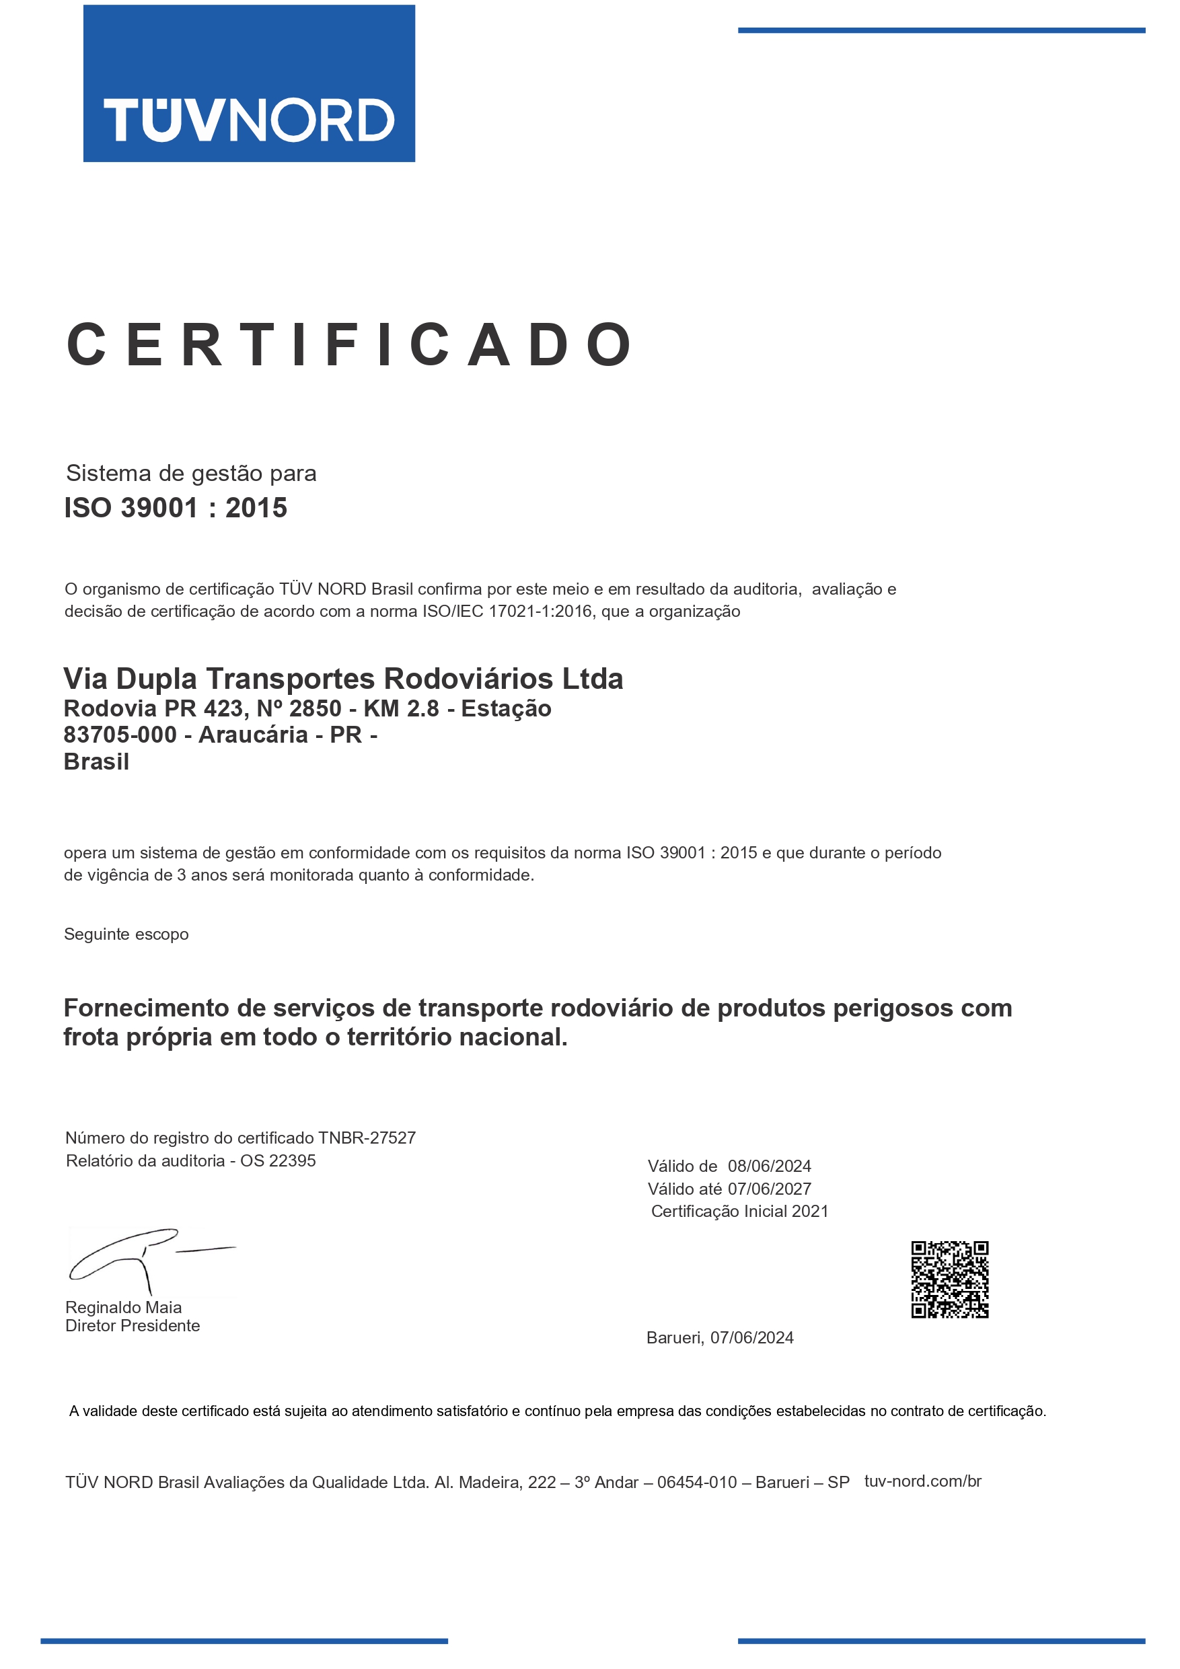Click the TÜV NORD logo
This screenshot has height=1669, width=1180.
(249, 83)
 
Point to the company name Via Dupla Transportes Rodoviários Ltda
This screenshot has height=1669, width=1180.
(343, 678)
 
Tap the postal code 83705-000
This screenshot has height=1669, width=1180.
(120, 735)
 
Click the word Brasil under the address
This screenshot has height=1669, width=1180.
(97, 762)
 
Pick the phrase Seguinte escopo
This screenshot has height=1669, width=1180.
(126, 934)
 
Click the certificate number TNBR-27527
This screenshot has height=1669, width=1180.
(367, 1138)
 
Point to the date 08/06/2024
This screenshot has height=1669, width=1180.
(769, 1166)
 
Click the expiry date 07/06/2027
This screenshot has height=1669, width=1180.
(769, 1189)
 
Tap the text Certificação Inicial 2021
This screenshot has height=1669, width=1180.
(739, 1211)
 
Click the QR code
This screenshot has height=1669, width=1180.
(949, 1280)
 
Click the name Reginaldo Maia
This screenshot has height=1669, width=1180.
(124, 1307)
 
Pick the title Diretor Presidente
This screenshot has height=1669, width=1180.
(133, 1325)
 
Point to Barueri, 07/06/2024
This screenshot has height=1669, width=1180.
(720, 1337)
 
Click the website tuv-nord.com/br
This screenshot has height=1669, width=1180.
(922, 1481)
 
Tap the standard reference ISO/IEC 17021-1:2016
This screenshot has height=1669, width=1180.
(507, 611)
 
